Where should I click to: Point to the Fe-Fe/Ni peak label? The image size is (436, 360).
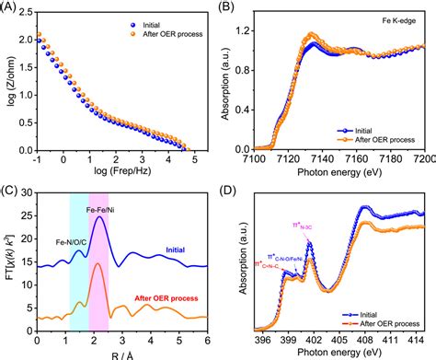point(100,209)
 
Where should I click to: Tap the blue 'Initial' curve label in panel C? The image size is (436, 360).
point(178,250)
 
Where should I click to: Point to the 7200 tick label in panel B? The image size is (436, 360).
point(422,158)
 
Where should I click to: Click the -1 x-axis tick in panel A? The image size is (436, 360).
point(39,158)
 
